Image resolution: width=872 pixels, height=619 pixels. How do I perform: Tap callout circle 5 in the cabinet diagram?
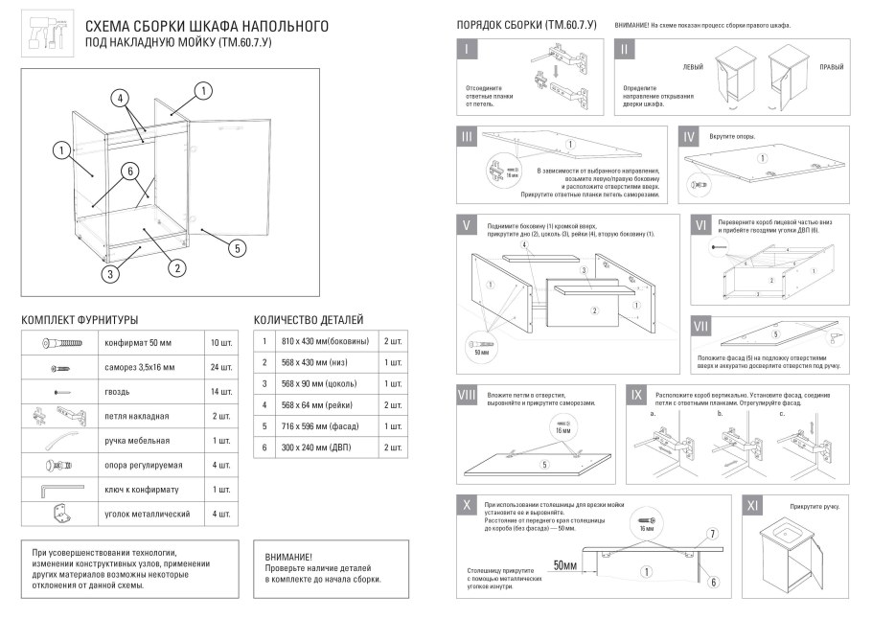pyautogui.click(x=236, y=247)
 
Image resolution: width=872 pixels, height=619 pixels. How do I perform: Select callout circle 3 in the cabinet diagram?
pyautogui.click(x=112, y=274)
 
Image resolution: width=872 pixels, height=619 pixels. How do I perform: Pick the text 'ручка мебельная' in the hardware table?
pyautogui.click(x=137, y=441)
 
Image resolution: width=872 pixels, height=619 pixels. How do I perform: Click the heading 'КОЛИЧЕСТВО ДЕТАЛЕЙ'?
pyautogui.click(x=308, y=319)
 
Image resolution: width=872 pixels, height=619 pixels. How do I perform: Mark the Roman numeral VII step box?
pyautogui.click(x=701, y=327)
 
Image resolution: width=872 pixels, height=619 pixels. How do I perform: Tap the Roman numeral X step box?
pyautogui.click(x=466, y=505)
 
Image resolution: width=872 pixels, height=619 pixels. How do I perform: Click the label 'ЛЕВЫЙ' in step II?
pyautogui.click(x=692, y=68)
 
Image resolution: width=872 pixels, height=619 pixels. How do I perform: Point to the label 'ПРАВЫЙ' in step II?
pyautogui.click(x=831, y=68)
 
